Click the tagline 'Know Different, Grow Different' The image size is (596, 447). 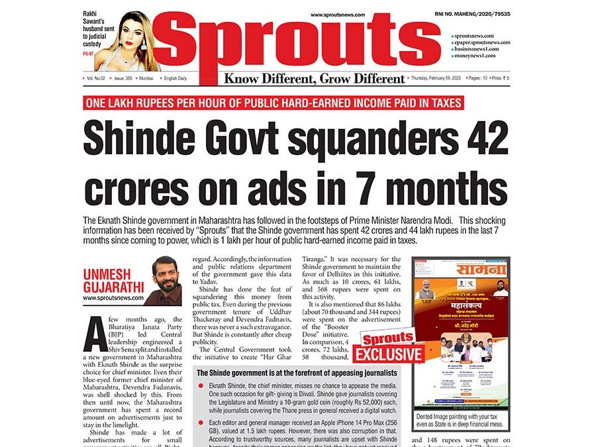pyautogui.click(x=314, y=79)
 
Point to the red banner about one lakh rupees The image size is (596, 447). pyautogui.click(x=272, y=103)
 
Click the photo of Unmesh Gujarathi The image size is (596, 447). pyautogui.click(x=163, y=280)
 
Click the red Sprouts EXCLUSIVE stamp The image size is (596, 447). pyautogui.click(x=389, y=347)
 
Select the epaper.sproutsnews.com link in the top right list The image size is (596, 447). pyautogui.click(x=481, y=42)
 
